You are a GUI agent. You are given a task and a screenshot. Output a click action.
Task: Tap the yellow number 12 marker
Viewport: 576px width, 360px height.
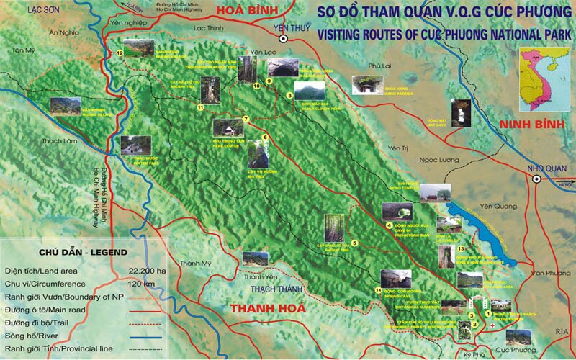pos(120,53)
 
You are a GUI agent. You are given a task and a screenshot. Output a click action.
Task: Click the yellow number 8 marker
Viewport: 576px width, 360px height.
pos(289,95)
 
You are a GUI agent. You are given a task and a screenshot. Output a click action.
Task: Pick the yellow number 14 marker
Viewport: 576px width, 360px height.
pos(378,290)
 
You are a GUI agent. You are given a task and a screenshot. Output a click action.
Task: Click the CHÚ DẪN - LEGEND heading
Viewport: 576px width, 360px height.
pos(78,252)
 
